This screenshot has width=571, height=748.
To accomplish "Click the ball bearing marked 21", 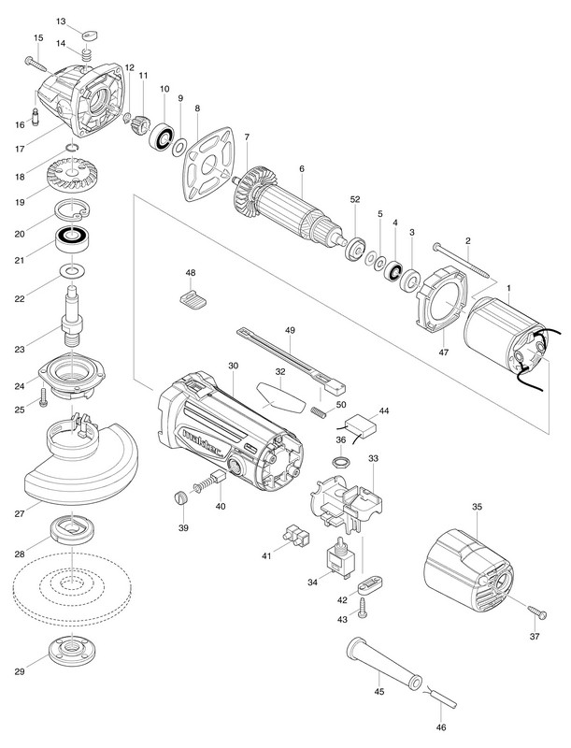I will (70, 239).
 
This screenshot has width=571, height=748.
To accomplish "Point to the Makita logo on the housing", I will (195, 439).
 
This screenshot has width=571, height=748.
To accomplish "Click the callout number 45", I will (378, 692).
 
